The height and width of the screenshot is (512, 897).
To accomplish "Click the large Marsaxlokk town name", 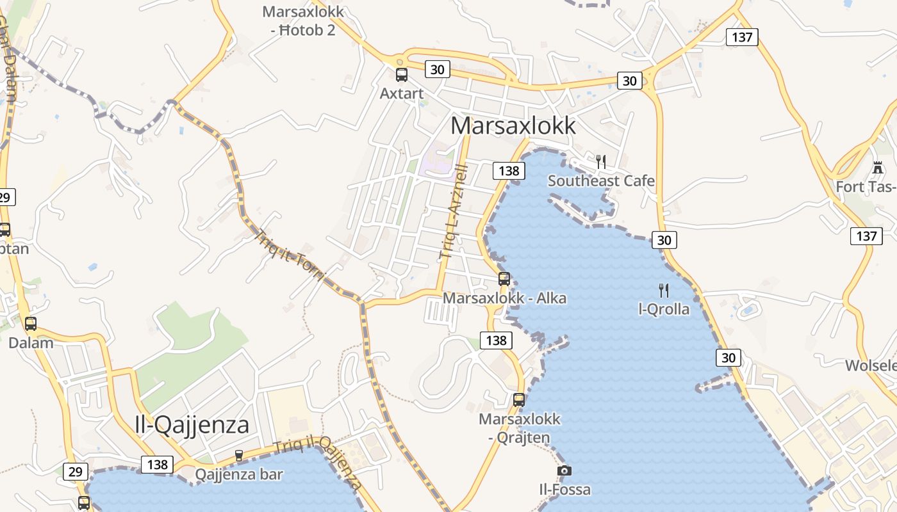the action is [513, 125].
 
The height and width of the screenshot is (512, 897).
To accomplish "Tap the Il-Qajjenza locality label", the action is [192, 424].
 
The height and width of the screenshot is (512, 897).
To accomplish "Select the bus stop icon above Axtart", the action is [402, 75].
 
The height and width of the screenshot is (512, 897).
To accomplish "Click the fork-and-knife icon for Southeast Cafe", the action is [601, 161].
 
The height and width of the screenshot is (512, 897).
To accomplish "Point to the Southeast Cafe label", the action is [601, 181].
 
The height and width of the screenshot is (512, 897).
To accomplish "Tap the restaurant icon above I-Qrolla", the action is [664, 291].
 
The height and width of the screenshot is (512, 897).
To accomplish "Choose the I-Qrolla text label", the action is [664, 310].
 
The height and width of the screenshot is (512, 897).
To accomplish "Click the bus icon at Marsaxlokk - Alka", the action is [504, 279].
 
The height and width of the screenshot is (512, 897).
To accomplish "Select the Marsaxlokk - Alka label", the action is [505, 298].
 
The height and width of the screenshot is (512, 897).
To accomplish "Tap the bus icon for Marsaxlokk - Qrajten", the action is [519, 400].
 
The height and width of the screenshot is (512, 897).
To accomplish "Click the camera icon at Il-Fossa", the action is [564, 471].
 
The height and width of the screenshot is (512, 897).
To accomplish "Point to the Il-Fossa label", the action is [564, 490].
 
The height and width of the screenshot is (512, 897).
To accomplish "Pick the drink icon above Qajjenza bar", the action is [239, 456].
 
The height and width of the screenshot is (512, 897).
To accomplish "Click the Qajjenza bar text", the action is [239, 475].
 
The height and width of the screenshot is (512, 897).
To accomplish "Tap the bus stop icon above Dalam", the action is [31, 324].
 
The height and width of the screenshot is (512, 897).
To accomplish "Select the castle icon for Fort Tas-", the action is [878, 168].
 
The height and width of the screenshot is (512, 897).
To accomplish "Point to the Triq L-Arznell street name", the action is [454, 211].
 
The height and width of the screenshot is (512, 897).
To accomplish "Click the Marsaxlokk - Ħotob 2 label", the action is [303, 20].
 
